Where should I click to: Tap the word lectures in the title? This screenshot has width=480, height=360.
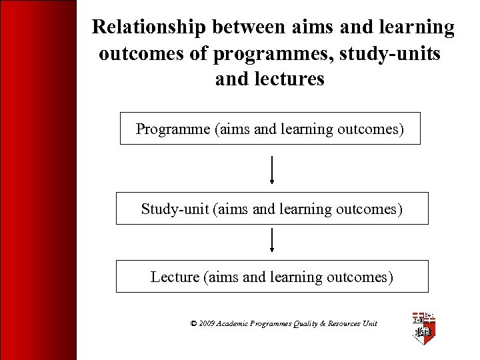(x=291, y=79)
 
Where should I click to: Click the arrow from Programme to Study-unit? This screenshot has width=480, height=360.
(x=271, y=169)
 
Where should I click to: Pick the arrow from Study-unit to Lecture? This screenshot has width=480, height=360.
(x=271, y=240)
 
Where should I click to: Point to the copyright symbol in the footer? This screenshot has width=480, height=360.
(x=193, y=323)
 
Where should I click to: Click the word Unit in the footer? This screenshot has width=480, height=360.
(x=369, y=323)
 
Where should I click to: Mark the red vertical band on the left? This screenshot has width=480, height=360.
(x=38, y=180)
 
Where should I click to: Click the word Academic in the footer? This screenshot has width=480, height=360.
(x=234, y=323)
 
